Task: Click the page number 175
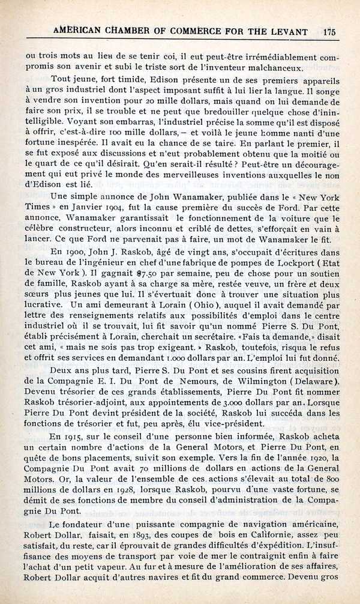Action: (x=329, y=31)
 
